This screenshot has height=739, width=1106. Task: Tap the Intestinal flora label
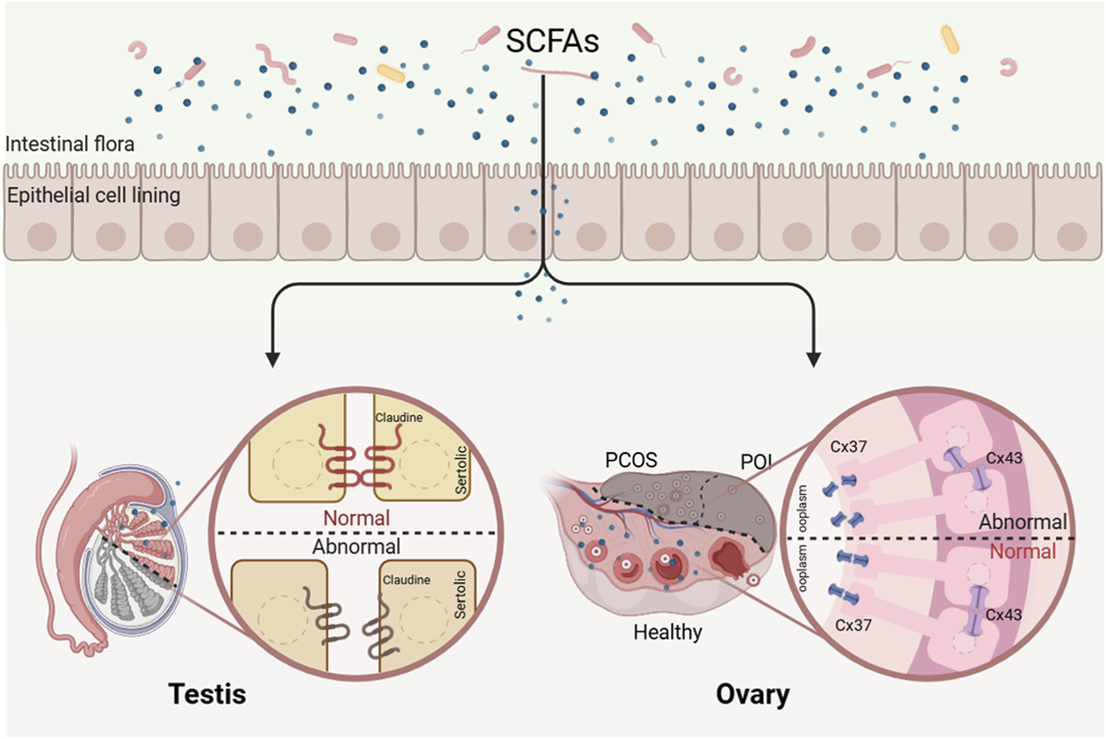70,144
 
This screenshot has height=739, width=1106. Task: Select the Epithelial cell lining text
94,195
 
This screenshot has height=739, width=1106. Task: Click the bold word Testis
207,694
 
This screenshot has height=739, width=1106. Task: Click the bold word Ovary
752,694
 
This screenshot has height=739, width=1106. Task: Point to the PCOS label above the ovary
631,460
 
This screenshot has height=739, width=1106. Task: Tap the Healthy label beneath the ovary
667,632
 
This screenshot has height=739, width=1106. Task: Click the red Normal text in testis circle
356,518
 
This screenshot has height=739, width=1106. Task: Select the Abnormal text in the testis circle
356,546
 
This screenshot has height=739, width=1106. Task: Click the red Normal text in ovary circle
1023,552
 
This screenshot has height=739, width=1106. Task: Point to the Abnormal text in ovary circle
1022,522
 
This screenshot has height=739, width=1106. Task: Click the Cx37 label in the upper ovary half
848,447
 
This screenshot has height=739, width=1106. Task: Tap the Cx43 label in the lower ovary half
1003,615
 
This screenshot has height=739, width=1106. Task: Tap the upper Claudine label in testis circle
398,418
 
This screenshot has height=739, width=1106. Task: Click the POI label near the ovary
755,462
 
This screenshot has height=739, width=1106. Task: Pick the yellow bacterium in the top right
950,39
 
